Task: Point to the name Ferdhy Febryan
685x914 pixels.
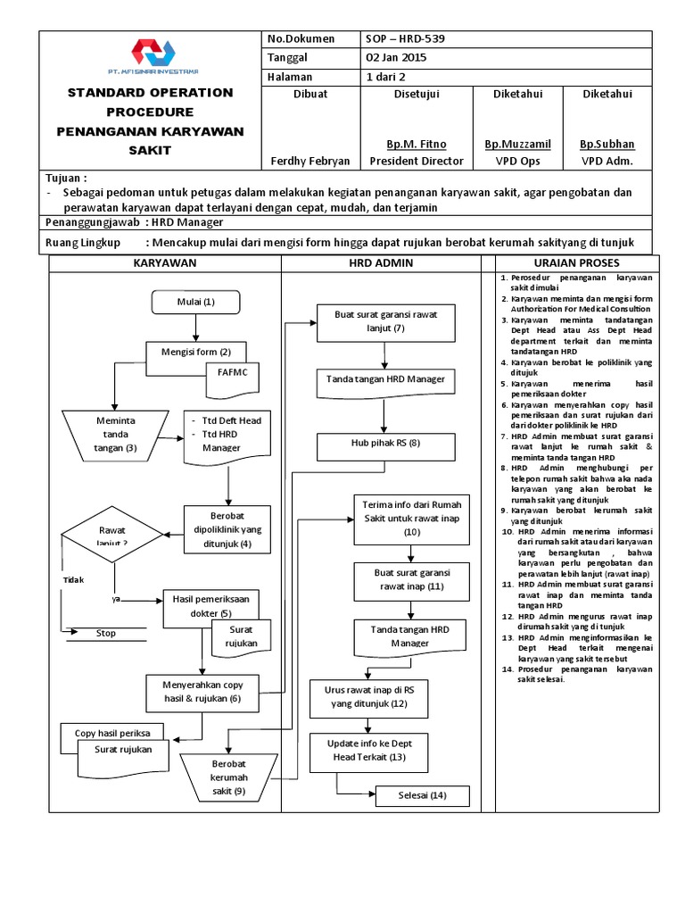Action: tap(310, 161)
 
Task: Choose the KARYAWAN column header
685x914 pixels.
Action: tap(165, 264)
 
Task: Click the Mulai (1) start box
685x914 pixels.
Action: tap(196, 302)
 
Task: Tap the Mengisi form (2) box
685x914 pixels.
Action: tap(195, 351)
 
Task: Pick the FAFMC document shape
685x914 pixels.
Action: tap(232, 374)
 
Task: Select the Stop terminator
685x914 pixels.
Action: tap(105, 633)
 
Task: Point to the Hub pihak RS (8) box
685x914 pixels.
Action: tap(385, 444)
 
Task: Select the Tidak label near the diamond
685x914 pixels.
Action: tap(73, 580)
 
